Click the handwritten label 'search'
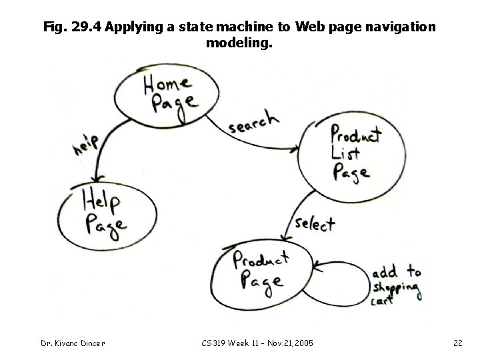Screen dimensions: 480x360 point(254,121)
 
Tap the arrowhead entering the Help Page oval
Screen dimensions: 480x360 point(99,177)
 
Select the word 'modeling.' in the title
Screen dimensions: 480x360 point(239,44)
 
